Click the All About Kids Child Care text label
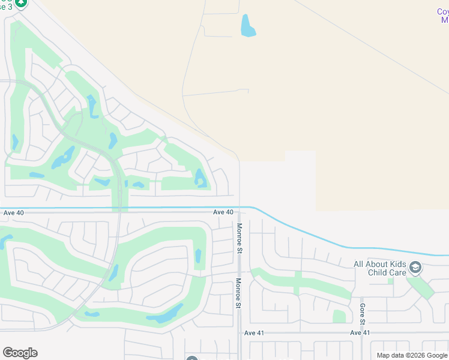click(380, 268)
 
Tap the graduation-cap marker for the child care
click(415, 267)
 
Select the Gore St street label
click(363, 316)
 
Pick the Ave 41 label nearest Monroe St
click(254, 332)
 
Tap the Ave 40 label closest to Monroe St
click(223, 212)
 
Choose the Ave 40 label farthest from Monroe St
click(13, 212)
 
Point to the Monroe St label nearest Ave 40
click(239, 239)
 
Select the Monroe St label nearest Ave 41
click(238, 294)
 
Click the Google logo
click(20, 353)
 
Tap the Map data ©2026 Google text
click(412, 355)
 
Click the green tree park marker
click(21, 2)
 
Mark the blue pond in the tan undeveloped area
click(247, 25)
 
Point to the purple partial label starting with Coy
click(442, 16)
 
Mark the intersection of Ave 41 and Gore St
click(362, 332)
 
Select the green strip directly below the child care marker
click(424, 287)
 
